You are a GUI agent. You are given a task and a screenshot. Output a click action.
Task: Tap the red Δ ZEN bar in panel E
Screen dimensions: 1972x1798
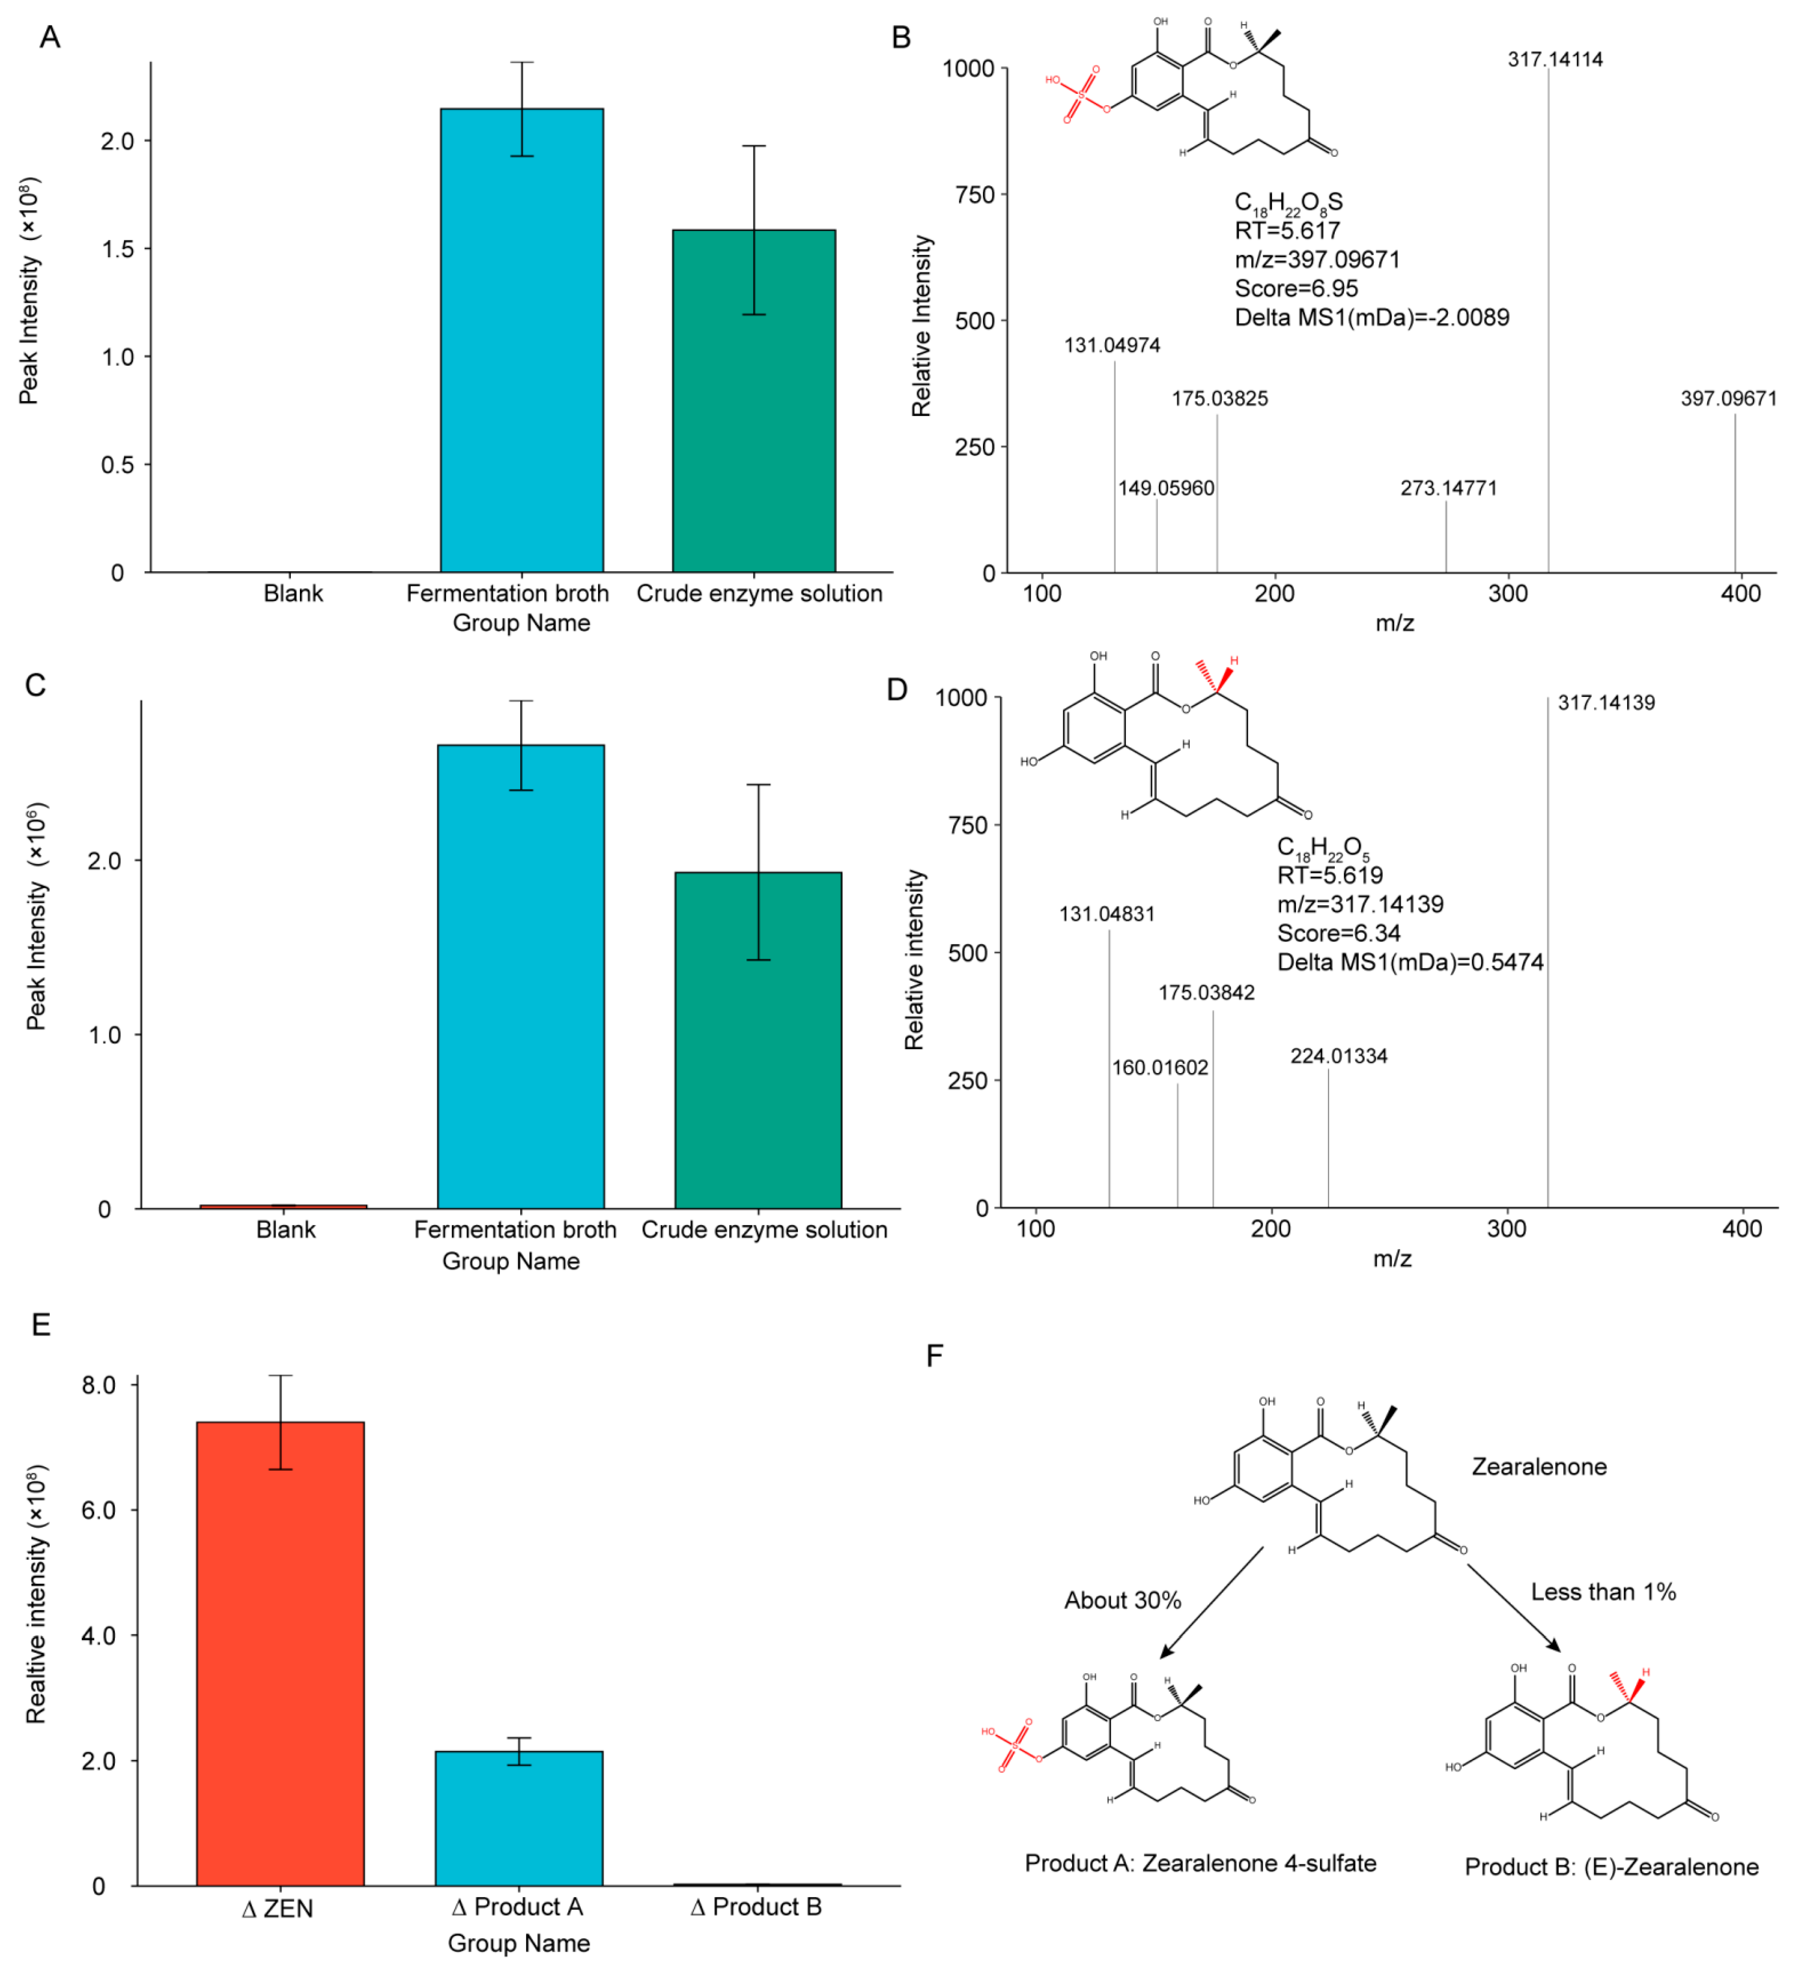click(281, 1653)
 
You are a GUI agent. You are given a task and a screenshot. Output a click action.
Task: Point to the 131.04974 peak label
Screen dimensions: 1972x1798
click(1112, 345)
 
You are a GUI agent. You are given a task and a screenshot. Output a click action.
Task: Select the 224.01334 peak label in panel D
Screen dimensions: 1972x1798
click(1338, 1056)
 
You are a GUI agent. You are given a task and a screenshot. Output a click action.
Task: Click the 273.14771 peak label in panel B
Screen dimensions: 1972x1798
click(1448, 488)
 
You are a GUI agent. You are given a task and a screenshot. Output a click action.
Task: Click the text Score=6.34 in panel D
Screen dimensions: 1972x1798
click(1338, 933)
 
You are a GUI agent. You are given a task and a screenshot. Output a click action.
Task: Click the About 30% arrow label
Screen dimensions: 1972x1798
click(1122, 1600)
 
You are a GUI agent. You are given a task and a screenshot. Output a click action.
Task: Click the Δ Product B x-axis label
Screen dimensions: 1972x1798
click(756, 1907)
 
